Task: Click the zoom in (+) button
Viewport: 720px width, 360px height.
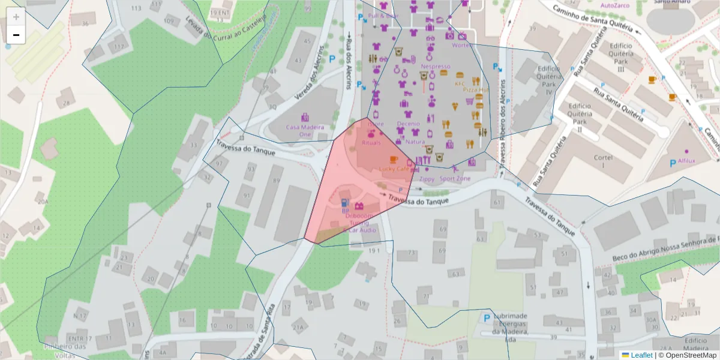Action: point(16,17)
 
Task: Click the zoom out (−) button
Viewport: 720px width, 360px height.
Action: point(16,35)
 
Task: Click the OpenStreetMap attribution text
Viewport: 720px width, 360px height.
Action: point(688,355)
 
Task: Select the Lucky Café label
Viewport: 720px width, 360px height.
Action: point(394,169)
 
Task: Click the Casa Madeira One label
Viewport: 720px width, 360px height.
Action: point(305,130)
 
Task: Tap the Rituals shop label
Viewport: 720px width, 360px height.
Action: point(371,143)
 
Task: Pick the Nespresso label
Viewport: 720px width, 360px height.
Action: point(436,67)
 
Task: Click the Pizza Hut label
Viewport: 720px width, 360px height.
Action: point(476,89)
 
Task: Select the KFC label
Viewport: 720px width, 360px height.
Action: point(460,84)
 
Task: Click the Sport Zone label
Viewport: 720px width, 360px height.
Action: point(455,179)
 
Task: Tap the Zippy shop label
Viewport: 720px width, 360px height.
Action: point(427,179)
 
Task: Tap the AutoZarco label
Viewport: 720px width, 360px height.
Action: point(615,5)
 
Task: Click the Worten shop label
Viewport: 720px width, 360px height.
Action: point(462,46)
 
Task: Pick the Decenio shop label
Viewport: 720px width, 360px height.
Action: point(408,124)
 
